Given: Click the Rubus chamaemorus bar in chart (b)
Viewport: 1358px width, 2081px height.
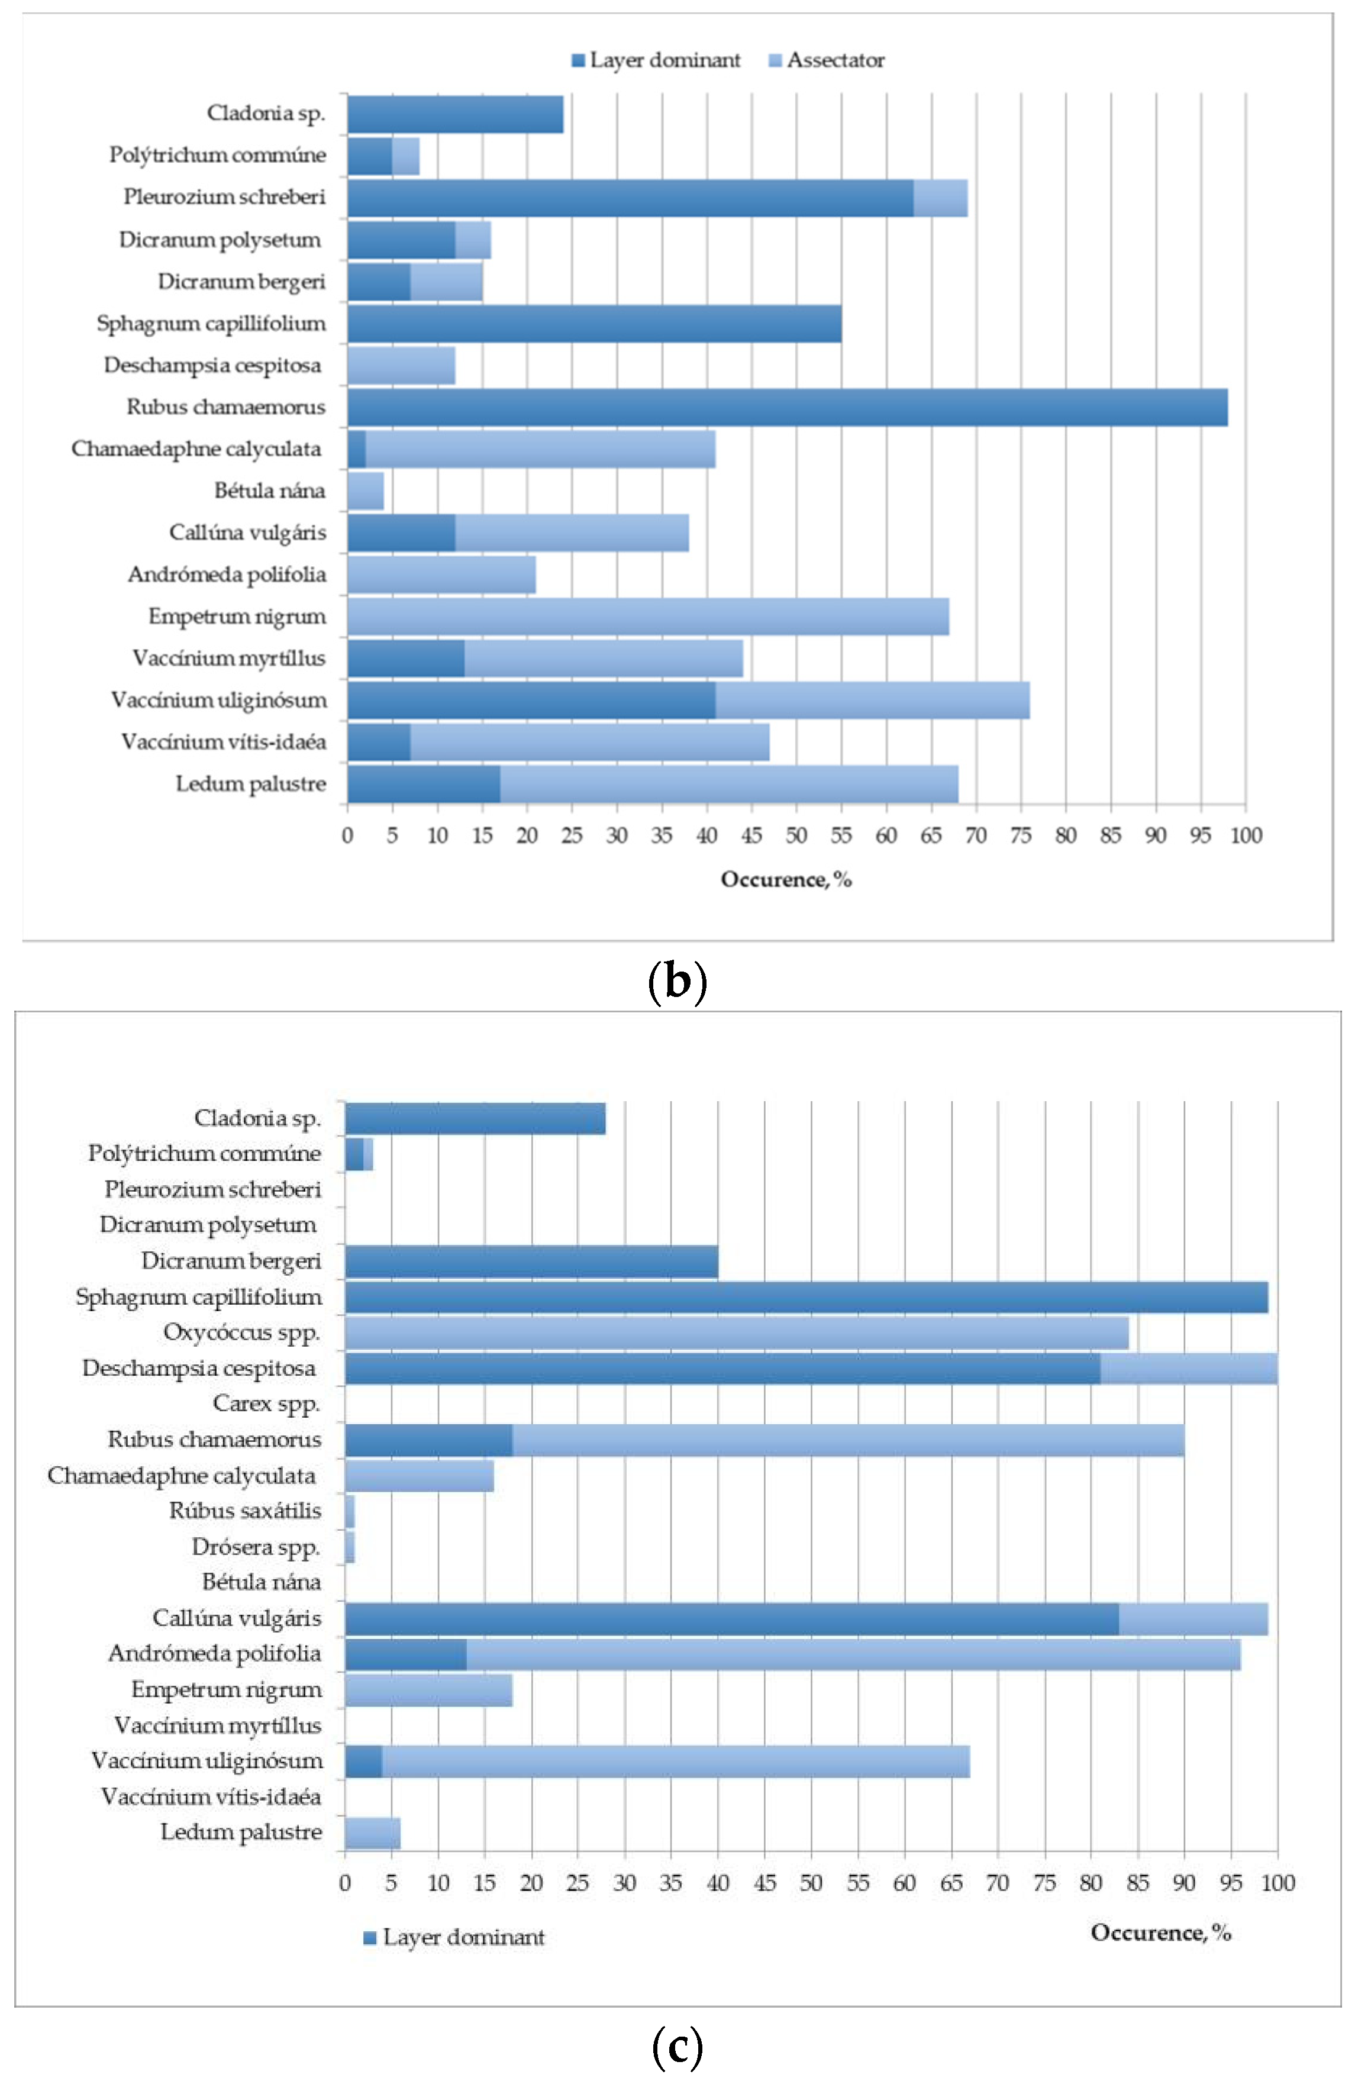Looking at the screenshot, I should (787, 408).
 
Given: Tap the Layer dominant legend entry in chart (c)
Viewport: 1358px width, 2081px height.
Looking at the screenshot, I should (454, 1937).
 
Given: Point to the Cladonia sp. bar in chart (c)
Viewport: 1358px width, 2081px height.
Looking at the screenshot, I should (475, 1118).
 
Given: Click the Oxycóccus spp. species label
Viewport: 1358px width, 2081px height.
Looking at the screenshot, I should (241, 1333).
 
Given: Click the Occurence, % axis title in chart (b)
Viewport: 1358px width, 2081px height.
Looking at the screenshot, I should (785, 880).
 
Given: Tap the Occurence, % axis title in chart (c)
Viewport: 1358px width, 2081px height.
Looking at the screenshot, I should (1160, 1932).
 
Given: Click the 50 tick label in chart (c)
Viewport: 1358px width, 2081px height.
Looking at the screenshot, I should (811, 1883).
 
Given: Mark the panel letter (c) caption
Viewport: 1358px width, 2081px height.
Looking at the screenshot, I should (678, 2046).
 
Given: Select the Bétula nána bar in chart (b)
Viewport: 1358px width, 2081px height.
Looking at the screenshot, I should (366, 491).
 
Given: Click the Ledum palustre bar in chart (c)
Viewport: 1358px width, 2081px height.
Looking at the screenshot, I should (373, 1832).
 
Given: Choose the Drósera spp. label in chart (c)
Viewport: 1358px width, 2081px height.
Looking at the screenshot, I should (256, 1547).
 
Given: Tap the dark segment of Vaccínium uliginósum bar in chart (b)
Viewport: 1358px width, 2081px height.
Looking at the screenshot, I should (531, 701).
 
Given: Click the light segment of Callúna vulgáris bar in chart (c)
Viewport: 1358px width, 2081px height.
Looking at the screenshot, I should (1193, 1618).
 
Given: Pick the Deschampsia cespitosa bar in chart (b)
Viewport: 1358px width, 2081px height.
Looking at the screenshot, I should (401, 366).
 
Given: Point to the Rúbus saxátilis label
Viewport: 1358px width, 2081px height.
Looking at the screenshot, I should (245, 1511).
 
